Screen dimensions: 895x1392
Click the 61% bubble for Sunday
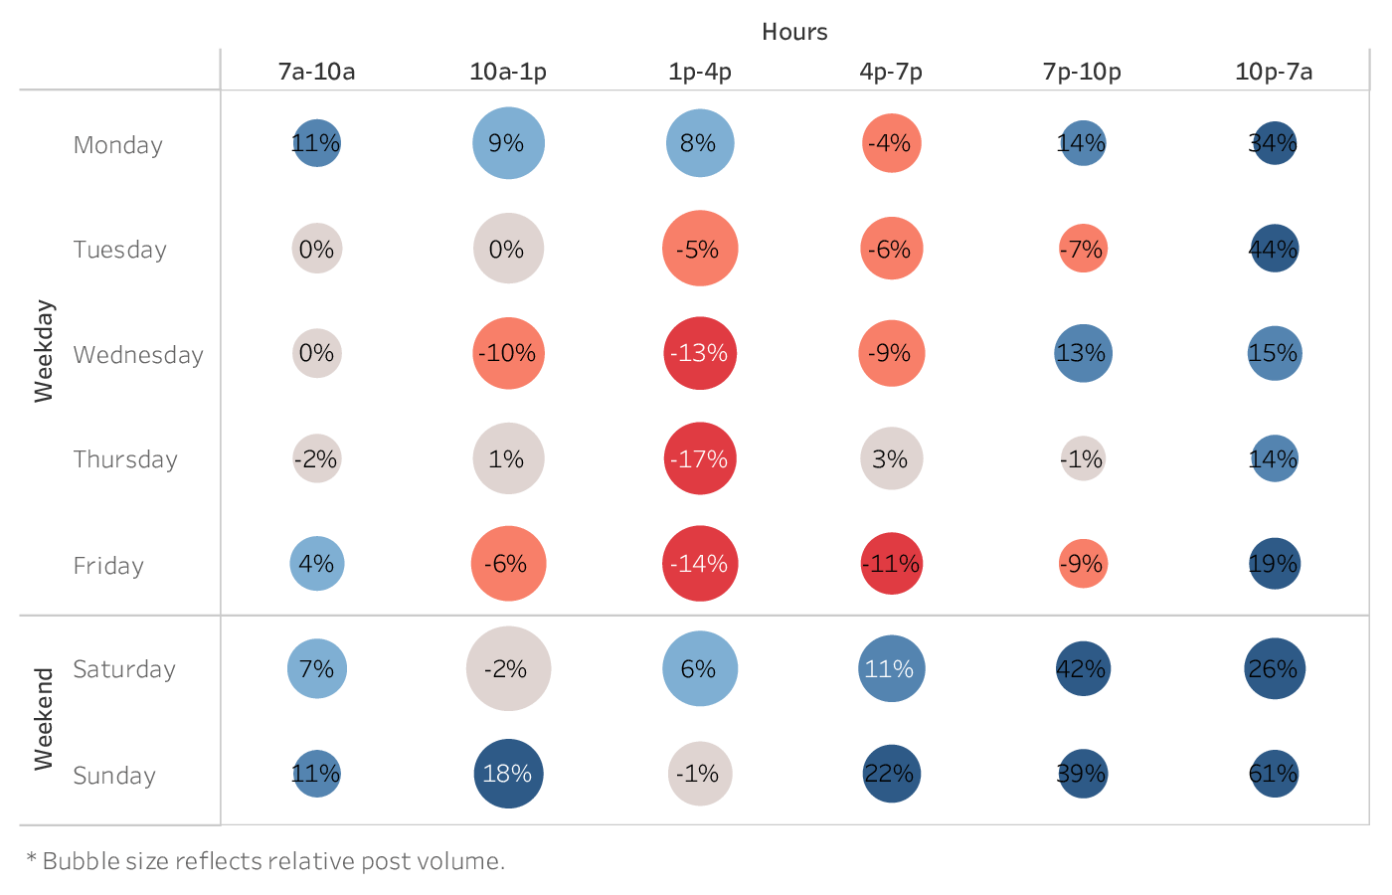tap(1274, 774)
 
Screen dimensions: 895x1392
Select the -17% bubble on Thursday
tap(699, 458)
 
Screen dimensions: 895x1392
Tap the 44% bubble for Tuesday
tap(1274, 249)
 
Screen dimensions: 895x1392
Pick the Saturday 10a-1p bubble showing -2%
tap(508, 668)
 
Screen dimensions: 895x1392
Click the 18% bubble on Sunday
tap(508, 774)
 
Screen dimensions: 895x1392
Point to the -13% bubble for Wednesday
tap(699, 353)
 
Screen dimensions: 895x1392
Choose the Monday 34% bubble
tap(1274, 143)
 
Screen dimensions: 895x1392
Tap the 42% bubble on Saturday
tap(1082, 668)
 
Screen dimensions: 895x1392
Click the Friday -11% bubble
tap(891, 564)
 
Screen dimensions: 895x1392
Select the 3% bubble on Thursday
tap(891, 458)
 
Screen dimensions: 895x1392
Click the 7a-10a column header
tap(316, 72)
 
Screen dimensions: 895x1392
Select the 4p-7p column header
tap(891, 72)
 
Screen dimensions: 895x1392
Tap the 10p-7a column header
tap(1274, 72)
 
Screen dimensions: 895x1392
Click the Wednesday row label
tap(138, 355)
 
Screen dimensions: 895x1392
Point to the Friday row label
tap(108, 566)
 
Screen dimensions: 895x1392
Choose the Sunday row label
tap(114, 776)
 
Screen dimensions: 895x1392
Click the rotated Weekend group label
tap(44, 719)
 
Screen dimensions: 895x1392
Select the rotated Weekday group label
tap(44, 351)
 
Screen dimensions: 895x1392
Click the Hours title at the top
tap(794, 32)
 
